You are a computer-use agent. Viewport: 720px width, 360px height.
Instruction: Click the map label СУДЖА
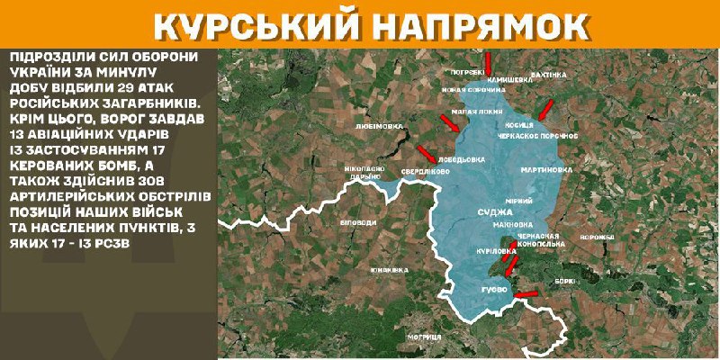point(492,213)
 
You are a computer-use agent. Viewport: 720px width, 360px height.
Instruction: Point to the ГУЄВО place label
point(495,289)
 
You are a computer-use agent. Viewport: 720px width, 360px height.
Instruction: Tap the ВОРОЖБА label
point(598,237)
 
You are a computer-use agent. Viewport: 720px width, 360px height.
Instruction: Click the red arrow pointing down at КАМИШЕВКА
point(487,63)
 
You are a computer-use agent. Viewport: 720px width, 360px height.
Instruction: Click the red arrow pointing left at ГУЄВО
point(525,292)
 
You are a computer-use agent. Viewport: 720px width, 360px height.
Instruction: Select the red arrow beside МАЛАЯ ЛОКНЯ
point(450,121)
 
